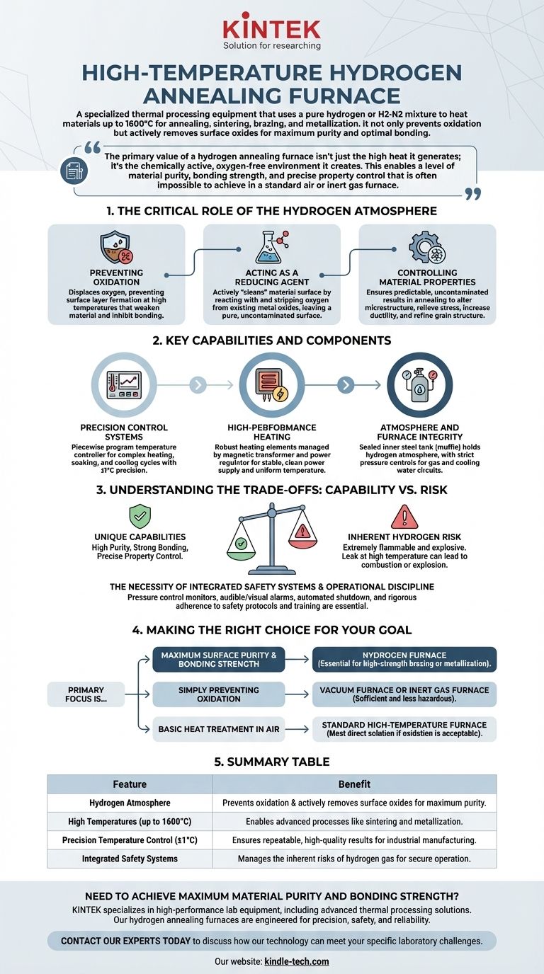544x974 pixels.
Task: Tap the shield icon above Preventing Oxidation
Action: point(116,248)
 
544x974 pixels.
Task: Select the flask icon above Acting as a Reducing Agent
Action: point(271,248)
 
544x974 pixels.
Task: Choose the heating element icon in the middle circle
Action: point(271,384)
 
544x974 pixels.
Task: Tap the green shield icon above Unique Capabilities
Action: point(140,516)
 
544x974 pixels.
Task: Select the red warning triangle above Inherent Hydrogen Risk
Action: point(404,516)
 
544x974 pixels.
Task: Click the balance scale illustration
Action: point(271,538)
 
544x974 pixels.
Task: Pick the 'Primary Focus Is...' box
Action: point(86,694)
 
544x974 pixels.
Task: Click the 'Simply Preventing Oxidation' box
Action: point(219,694)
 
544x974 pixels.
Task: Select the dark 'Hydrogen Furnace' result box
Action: point(404,660)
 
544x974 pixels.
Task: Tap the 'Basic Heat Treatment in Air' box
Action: point(219,729)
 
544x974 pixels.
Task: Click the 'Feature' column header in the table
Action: point(130,784)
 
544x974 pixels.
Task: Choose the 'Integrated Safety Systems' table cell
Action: point(130,859)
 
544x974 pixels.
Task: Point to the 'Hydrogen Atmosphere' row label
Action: point(130,803)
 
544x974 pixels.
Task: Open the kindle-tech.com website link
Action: point(297,961)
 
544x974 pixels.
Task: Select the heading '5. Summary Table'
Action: point(272,762)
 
